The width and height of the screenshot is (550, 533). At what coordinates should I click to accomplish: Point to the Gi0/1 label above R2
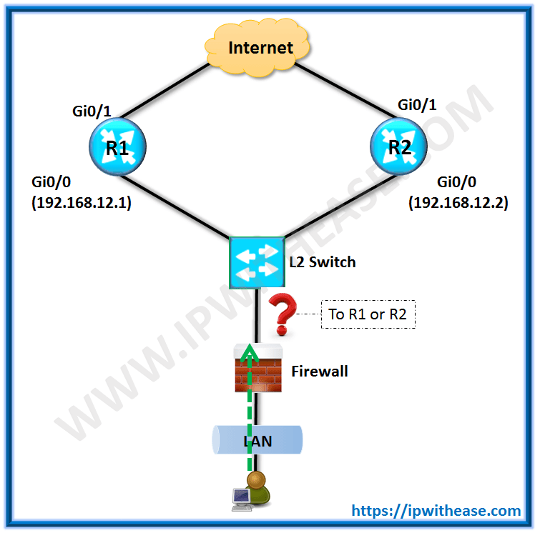point(418,105)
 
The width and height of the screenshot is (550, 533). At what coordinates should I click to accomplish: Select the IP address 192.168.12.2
point(458,202)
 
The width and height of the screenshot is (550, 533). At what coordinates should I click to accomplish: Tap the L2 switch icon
point(256,261)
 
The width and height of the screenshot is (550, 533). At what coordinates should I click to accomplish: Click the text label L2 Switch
point(322,262)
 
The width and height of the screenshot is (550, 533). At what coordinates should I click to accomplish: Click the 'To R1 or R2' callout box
point(369,314)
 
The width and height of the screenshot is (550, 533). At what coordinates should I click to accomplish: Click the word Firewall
point(320,372)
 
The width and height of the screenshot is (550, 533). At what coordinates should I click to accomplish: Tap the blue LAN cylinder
point(257,441)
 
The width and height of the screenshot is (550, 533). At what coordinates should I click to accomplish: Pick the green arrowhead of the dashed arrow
point(248,350)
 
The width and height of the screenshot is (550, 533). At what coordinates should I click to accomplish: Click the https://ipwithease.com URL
point(436,510)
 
